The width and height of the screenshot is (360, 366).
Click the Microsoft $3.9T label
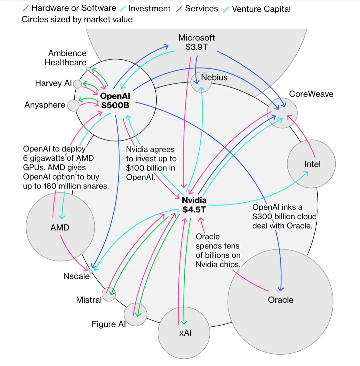pyautogui.click(x=197, y=42)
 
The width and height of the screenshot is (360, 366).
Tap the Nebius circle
pyautogui.click(x=201, y=82)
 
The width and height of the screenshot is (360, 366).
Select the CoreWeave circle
pyautogui.click(x=282, y=113)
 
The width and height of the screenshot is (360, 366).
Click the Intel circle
pyautogui.click(x=311, y=164)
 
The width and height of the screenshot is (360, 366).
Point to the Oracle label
pyautogui.click(x=281, y=300)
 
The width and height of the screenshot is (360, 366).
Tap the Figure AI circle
pyautogui.click(x=135, y=314)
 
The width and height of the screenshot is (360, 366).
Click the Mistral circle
pyautogui.click(x=109, y=294)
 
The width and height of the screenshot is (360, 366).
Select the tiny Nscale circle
pyautogui.click(x=91, y=272)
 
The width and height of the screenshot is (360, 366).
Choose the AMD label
pyautogui.click(x=60, y=228)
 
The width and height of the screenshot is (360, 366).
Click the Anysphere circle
pyautogui.click(x=73, y=106)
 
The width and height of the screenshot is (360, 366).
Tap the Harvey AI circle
pyautogui.click(x=77, y=84)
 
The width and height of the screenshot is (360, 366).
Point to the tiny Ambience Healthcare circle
pyautogui.click(x=88, y=69)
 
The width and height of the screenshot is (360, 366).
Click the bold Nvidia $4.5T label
pyautogui.click(x=194, y=205)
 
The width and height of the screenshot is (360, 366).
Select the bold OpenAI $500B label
pyautogui.click(x=115, y=101)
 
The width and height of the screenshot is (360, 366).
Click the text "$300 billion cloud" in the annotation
pyautogui.click(x=284, y=216)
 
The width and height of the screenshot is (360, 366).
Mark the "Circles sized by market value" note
pyautogui.click(x=77, y=20)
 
